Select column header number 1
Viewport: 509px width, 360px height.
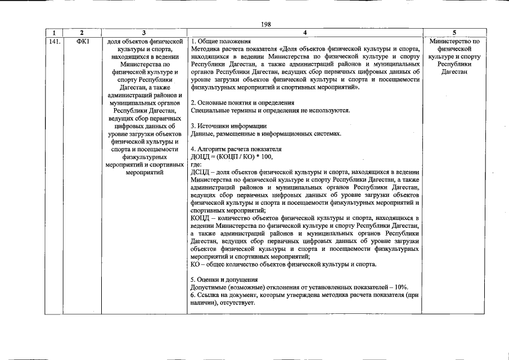pos(54,34)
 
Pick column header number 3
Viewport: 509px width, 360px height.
pos(144,34)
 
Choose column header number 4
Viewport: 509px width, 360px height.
pos(304,34)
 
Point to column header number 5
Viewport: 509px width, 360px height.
pos(454,34)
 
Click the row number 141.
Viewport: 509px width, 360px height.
pos(54,42)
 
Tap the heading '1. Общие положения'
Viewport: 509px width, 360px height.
pos(220,42)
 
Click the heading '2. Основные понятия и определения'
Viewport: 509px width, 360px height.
pos(242,103)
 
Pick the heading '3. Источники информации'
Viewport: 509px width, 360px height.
pos(228,126)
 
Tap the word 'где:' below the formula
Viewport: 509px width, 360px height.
pos(197,164)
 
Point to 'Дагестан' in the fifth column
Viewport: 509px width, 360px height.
pos(454,72)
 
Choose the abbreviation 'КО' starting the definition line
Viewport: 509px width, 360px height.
pos(196,264)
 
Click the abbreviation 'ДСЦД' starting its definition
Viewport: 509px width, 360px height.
pos(199,172)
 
